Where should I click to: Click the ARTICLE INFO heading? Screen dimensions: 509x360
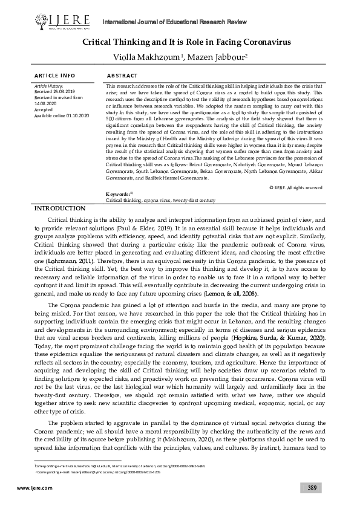tap(54, 76)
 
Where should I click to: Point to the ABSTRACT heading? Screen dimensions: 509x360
tap(124, 76)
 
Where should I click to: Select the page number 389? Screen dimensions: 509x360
tap(311, 487)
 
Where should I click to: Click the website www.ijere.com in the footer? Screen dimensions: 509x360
tap(30, 487)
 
